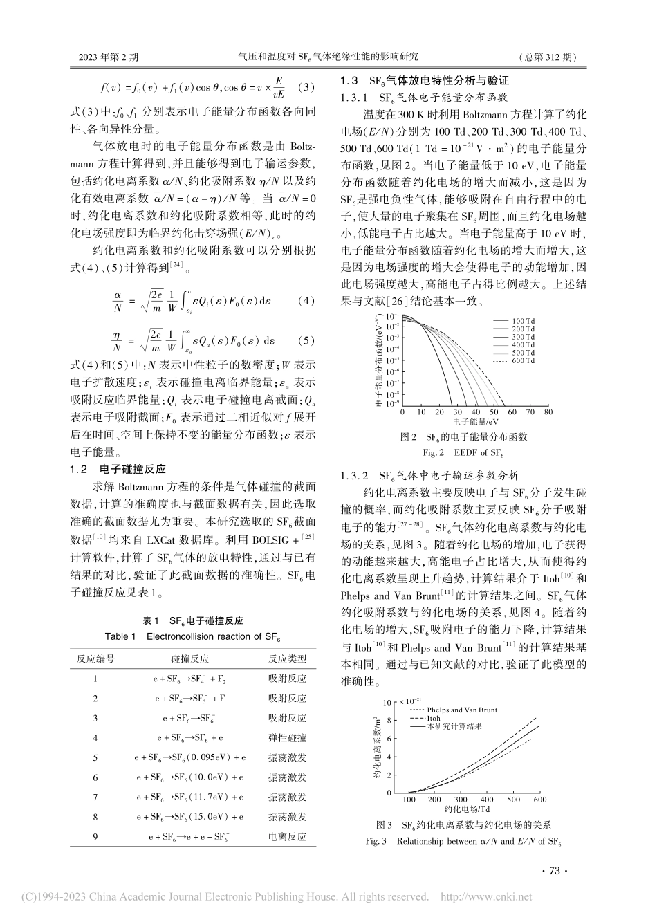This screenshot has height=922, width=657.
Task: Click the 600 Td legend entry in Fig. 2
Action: [524, 361]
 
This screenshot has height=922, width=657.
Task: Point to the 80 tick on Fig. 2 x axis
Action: [548, 412]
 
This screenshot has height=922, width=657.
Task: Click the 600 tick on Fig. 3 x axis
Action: [539, 800]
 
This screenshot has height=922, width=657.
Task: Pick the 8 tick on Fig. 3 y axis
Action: [389, 721]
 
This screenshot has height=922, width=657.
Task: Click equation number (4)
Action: [305, 301]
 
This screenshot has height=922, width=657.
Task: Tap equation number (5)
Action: [305, 341]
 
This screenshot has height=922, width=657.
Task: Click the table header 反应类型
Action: [287, 660]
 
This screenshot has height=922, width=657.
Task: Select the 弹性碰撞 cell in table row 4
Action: [287, 739]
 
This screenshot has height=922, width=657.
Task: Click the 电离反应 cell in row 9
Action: [287, 837]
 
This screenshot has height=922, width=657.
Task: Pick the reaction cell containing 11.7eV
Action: [198, 797]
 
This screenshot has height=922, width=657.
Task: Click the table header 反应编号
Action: [95, 660]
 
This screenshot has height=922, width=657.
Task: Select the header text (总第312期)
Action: [547, 57]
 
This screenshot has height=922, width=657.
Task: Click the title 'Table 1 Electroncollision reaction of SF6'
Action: [193, 636]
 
